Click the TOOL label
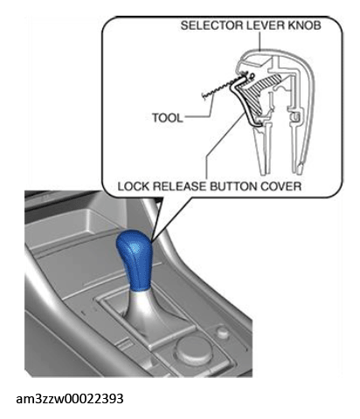168,118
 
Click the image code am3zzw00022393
70,399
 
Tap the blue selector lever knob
135,259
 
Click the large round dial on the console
193,349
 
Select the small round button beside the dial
223,332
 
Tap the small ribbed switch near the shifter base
125,343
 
